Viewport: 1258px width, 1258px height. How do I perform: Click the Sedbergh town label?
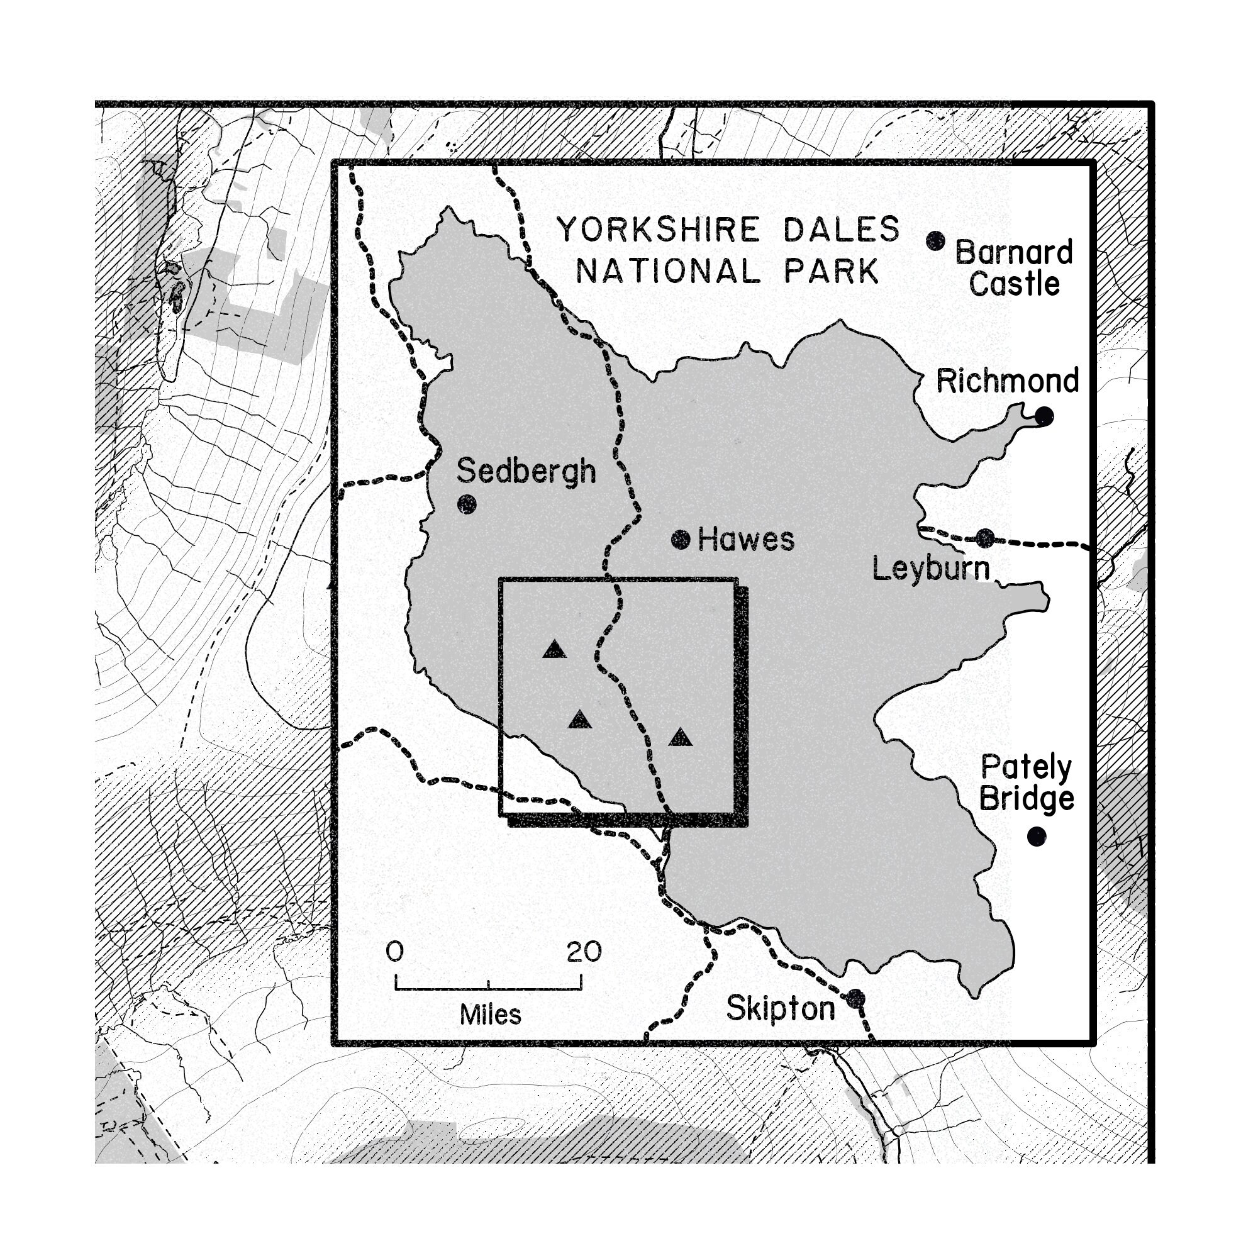click(526, 471)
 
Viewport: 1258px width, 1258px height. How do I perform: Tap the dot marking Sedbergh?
click(467, 504)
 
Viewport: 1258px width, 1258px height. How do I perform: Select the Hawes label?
click(745, 540)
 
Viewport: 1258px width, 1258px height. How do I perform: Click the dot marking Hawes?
click(681, 539)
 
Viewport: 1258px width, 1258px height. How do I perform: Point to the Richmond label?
click(1007, 381)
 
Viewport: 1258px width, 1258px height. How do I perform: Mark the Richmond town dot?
click(1044, 415)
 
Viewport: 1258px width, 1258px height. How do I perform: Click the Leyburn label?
click(931, 569)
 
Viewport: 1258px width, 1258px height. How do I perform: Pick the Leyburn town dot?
click(985, 538)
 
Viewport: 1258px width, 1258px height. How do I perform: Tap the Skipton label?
click(780, 1010)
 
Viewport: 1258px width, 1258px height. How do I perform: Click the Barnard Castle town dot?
click(936, 241)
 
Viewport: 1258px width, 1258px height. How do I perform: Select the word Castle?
click(1015, 284)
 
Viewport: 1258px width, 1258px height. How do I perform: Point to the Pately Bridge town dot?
click(1037, 836)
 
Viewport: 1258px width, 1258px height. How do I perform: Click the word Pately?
click(1026, 769)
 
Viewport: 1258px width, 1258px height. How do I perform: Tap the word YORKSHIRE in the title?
click(659, 230)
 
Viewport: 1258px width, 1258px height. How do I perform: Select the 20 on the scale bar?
click(584, 952)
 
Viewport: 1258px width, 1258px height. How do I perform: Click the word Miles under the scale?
click(491, 1015)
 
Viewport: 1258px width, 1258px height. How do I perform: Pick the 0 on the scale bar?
click(394, 952)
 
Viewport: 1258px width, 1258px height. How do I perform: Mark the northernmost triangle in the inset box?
click(555, 649)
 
